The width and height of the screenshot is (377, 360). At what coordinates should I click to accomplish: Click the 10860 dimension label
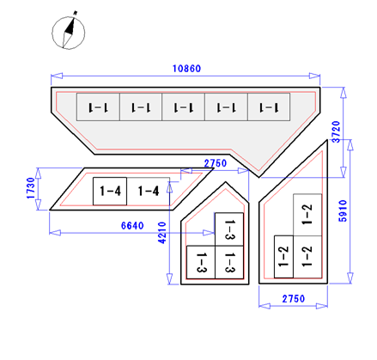[x=186, y=69]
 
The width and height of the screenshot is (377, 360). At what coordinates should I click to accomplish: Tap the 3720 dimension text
[x=336, y=131]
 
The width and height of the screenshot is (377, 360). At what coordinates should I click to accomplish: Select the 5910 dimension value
[x=343, y=211]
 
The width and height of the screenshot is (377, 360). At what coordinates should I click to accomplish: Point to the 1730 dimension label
[x=30, y=188]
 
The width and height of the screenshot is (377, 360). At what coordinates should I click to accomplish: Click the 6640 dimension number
[x=132, y=226]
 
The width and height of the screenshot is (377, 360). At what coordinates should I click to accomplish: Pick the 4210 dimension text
[x=162, y=233]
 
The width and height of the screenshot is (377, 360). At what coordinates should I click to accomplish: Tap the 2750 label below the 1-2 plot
[x=294, y=299]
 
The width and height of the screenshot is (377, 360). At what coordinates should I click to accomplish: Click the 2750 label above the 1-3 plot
[x=216, y=163]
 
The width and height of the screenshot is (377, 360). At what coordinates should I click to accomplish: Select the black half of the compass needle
[x=70, y=27]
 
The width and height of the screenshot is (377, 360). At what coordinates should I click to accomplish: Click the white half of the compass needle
[x=67, y=40]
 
